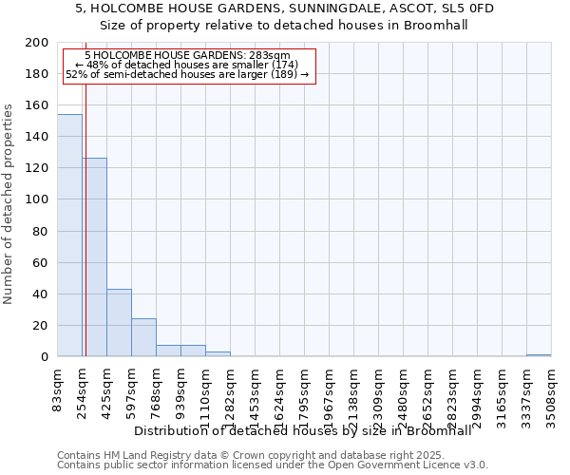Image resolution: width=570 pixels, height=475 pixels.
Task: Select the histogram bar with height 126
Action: coord(94,257)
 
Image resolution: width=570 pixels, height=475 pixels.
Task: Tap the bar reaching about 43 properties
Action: coord(119,323)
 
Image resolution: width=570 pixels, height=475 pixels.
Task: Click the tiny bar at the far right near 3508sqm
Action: coord(539,355)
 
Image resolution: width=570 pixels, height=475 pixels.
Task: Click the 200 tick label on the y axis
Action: coord(37,43)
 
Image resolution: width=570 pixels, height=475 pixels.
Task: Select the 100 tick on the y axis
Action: coord(37,199)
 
